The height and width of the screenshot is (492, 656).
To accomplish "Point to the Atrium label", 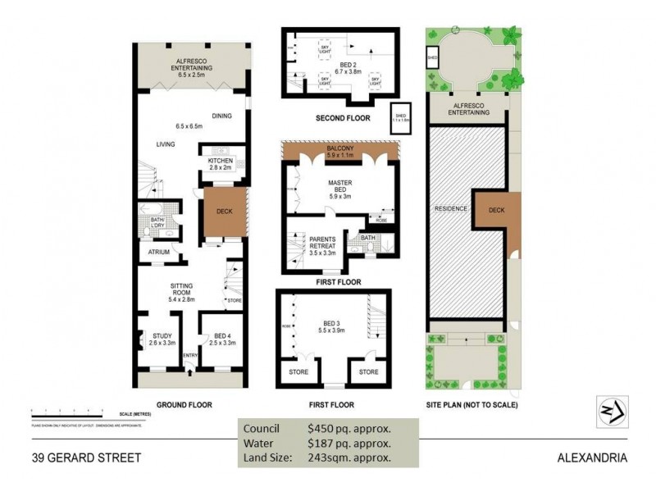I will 159,253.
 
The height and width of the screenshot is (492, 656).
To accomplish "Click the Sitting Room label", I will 185,289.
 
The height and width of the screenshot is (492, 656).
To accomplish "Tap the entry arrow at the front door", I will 190,373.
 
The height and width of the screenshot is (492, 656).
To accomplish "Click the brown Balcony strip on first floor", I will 339,150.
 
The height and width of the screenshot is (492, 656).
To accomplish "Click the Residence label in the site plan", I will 449,208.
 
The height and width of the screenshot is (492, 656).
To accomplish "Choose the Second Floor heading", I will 343,118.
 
